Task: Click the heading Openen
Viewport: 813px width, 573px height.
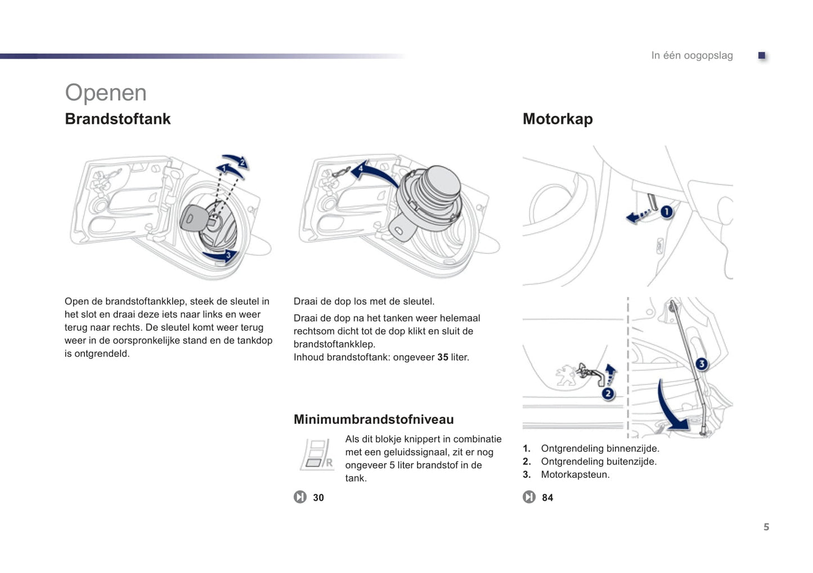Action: [x=106, y=93]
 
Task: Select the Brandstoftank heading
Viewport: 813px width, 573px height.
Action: [x=118, y=119]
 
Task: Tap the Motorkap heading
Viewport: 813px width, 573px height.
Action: [x=558, y=119]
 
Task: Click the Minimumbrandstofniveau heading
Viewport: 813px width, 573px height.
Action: [x=374, y=419]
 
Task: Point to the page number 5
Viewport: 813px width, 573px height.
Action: [x=766, y=527]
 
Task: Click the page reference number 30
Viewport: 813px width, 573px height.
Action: [x=318, y=498]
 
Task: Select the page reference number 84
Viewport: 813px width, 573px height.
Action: [x=547, y=498]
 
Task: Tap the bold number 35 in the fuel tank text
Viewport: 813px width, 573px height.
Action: [x=443, y=357]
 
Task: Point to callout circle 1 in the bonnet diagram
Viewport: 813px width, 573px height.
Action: [x=667, y=212]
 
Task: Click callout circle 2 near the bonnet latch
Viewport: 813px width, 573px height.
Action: [x=608, y=393]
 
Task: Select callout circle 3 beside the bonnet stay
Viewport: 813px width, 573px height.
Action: [x=702, y=364]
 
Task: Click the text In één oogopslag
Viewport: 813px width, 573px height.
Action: [x=692, y=55]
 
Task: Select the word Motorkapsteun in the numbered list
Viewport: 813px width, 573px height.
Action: [x=575, y=474]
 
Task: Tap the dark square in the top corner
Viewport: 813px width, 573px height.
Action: [x=762, y=55]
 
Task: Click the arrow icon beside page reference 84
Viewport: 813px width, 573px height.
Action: [x=529, y=497]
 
